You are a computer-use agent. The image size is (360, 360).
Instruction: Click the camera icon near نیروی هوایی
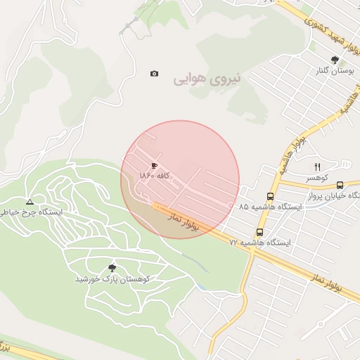[154, 74]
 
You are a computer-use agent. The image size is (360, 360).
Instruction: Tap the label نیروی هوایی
[207, 79]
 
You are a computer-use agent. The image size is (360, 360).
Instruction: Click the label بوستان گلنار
[333, 72]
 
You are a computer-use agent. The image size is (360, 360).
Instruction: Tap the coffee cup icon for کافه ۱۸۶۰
[154, 165]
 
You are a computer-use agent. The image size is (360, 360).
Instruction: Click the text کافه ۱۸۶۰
[154, 175]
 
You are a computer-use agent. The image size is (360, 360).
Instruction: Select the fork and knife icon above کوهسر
[317, 167]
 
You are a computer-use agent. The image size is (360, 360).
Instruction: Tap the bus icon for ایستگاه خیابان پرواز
[340, 184]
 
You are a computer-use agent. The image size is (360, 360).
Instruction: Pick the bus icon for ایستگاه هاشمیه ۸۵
[271, 196]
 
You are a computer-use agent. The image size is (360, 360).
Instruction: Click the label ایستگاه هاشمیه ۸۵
[271, 207]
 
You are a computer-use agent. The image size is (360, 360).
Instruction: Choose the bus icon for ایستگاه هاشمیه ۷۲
[259, 231]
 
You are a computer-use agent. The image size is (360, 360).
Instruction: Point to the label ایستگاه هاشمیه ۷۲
[260, 243]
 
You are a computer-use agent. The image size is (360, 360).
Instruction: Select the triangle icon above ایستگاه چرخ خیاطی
[28, 200]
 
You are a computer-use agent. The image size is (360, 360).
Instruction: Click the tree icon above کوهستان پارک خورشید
[112, 267]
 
